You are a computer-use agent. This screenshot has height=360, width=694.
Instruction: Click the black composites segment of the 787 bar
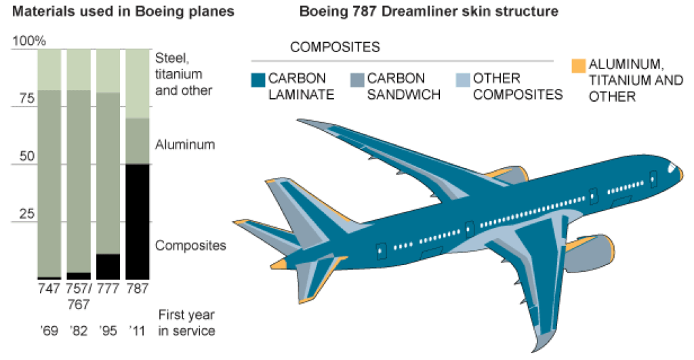(x=138, y=220)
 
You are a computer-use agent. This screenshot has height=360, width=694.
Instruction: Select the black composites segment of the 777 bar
(x=108, y=266)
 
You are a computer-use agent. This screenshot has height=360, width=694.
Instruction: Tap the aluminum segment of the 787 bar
(x=138, y=141)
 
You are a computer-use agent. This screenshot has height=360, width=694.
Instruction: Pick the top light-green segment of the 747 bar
(x=49, y=69)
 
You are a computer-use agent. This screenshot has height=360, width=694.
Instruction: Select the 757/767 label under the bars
(x=79, y=296)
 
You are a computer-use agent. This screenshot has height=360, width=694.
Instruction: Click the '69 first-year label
(x=49, y=332)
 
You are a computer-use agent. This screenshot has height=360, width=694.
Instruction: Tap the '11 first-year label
(x=137, y=332)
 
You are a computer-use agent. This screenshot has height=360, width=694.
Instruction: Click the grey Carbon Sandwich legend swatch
(x=357, y=80)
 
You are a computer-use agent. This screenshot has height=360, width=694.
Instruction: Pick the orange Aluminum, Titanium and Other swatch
(x=577, y=66)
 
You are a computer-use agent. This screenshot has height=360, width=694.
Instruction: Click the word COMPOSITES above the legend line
(x=335, y=47)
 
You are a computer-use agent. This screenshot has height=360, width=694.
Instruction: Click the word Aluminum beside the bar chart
(x=185, y=144)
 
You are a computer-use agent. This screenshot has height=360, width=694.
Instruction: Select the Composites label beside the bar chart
(x=190, y=245)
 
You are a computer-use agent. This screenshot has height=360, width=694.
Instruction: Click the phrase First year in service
(x=186, y=323)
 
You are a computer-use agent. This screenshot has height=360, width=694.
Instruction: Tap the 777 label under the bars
(x=108, y=289)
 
